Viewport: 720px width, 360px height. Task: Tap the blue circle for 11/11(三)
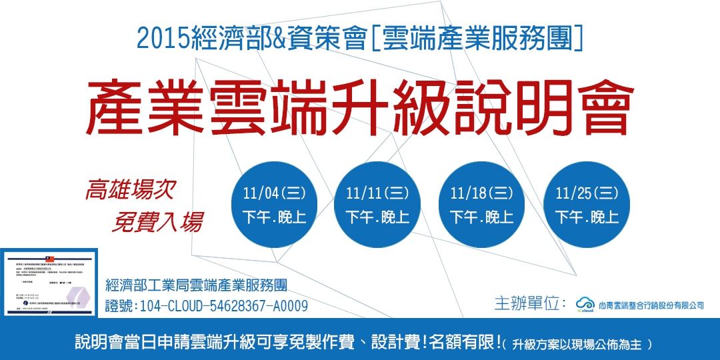coord(377,205)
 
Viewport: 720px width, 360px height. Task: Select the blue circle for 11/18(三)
coord(481,205)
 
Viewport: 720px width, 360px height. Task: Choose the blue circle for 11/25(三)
coord(587,205)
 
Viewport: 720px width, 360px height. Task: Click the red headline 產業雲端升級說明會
coord(359,107)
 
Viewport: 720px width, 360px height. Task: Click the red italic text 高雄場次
coord(130,190)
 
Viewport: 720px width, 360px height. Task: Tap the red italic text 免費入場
coord(157,220)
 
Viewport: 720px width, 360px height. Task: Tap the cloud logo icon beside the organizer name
coord(585,303)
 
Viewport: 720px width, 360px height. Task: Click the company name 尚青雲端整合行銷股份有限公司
coord(651,305)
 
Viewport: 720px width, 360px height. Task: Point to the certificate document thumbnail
coord(49,282)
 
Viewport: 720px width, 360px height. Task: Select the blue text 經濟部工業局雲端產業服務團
coord(196,286)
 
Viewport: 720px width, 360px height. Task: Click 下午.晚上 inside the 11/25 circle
coord(587,217)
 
